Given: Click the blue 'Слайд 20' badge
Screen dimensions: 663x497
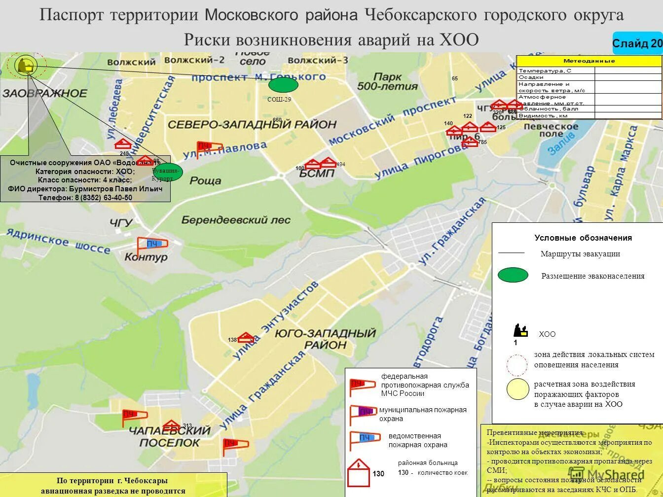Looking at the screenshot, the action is [x=637, y=43].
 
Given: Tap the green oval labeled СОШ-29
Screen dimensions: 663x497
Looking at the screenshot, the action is [x=283, y=85].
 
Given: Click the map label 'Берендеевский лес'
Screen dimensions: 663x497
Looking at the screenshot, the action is [x=236, y=220].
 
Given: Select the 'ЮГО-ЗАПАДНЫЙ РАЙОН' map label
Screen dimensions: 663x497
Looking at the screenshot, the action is [x=326, y=339].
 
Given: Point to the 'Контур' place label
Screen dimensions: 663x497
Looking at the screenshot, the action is [x=146, y=257].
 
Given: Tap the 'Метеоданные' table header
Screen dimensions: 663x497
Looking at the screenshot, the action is [x=589, y=61].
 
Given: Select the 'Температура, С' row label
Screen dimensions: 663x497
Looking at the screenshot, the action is [x=545, y=71].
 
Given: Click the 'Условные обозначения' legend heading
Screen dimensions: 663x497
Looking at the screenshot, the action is [x=583, y=238].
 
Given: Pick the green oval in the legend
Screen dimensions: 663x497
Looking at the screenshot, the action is [x=513, y=275].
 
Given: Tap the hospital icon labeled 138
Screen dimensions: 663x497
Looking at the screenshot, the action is [x=246, y=338].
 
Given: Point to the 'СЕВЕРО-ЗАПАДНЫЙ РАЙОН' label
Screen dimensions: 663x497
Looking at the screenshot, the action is [x=252, y=124].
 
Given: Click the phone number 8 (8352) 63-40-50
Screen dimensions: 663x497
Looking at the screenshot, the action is [x=103, y=197].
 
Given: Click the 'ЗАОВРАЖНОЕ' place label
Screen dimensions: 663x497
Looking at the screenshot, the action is [x=44, y=93].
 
